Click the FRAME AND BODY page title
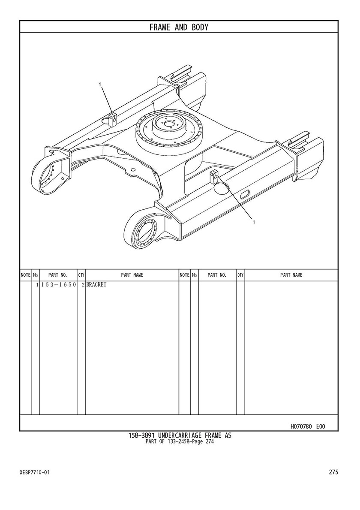point(179,27)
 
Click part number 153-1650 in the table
point(58,285)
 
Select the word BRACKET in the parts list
point(96,285)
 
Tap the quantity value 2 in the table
point(83,285)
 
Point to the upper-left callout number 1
point(100,84)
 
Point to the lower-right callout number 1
point(254,222)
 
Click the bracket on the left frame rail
point(112,119)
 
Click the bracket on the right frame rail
point(214,176)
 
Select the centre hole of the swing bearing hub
point(169,124)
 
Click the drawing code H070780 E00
point(307,426)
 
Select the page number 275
point(333,472)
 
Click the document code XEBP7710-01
point(35,472)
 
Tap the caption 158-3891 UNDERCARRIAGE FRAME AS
point(180,435)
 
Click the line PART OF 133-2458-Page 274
point(180,441)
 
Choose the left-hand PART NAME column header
point(132,275)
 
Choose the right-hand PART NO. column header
point(217,275)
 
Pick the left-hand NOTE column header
point(26,275)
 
